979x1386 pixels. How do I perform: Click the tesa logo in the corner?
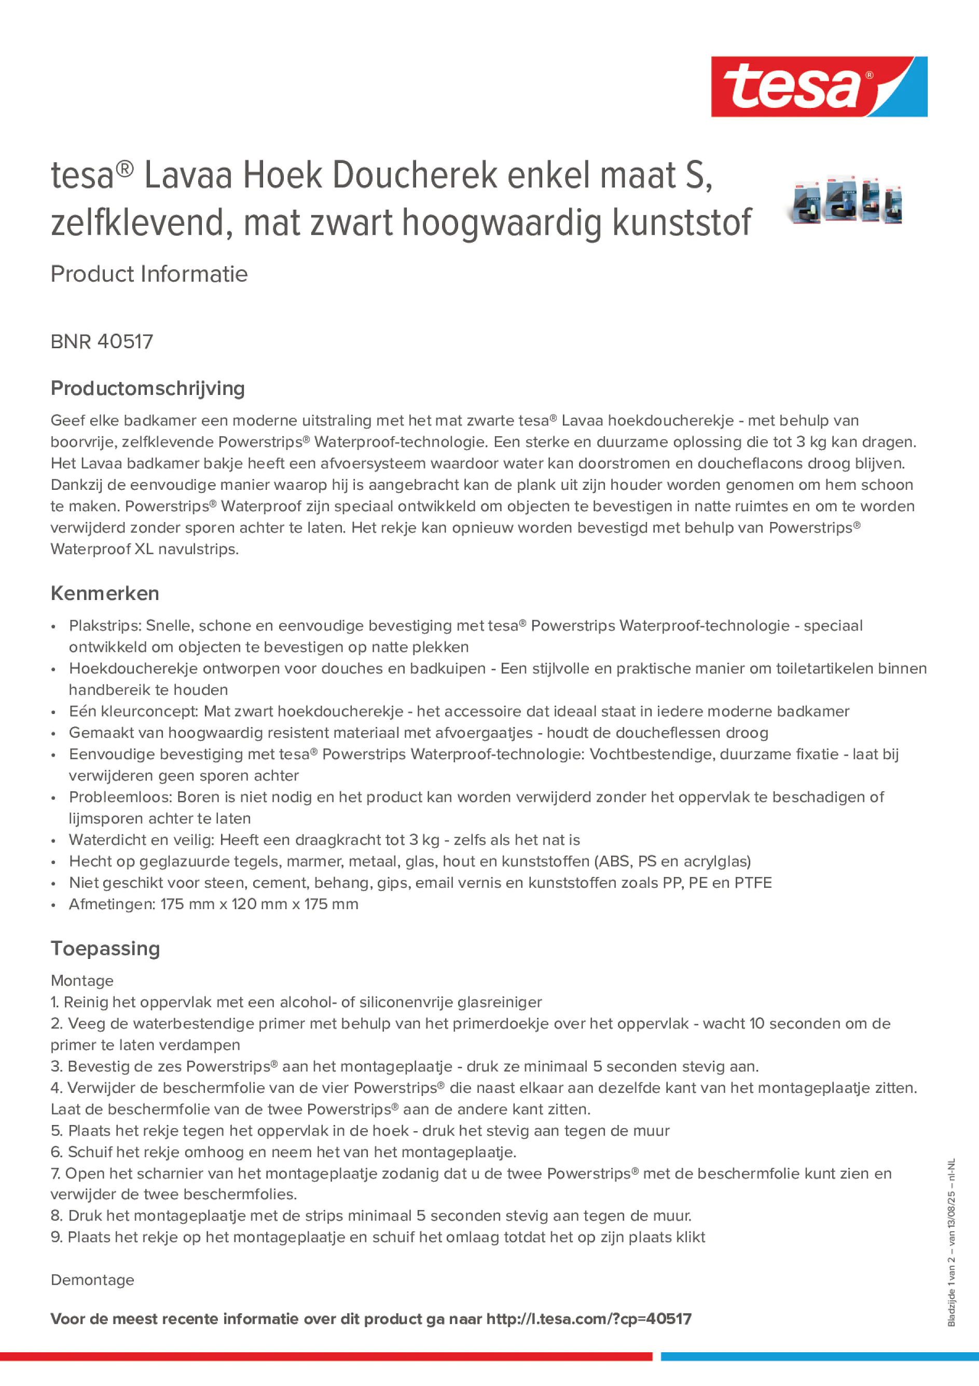coord(819,86)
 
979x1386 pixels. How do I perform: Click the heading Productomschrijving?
coord(147,388)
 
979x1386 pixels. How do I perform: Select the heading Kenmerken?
coord(104,594)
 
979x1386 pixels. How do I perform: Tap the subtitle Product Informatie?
coord(148,274)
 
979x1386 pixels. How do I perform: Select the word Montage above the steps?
coord(81,980)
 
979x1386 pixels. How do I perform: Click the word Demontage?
coord(92,1280)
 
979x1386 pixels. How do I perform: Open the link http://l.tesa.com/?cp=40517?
coord(588,1319)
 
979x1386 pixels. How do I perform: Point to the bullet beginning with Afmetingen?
coord(213,904)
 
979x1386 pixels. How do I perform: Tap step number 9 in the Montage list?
coord(56,1237)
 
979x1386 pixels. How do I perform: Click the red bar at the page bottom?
coord(326,1356)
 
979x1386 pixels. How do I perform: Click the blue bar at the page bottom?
coord(819,1356)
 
